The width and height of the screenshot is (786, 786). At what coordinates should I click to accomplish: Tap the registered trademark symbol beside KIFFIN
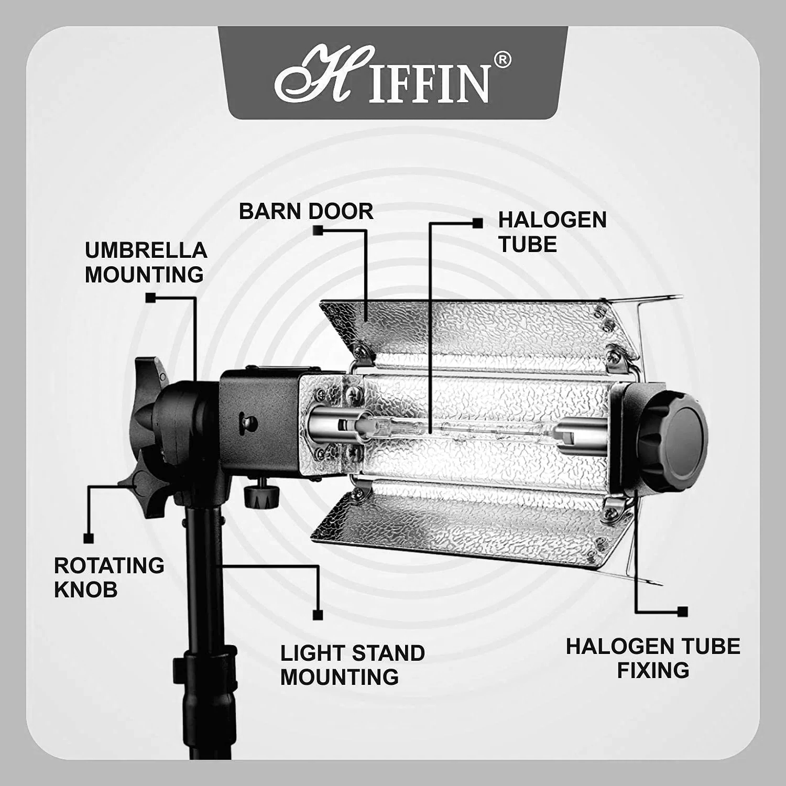501,61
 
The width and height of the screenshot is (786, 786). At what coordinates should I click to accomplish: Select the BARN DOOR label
306,211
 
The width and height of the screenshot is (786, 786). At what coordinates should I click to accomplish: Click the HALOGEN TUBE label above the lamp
552,232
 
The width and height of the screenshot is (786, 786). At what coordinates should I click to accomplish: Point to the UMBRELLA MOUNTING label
146,263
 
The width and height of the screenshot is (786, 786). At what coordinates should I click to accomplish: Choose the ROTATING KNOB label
109,577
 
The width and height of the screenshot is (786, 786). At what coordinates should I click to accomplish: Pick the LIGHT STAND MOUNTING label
352,665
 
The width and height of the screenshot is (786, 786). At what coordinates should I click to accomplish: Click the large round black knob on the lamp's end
673,437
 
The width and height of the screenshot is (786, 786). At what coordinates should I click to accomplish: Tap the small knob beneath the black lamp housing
260,495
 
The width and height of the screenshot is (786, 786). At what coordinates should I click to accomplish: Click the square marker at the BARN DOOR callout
318,230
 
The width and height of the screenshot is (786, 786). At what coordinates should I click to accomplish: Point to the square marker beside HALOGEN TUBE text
477,223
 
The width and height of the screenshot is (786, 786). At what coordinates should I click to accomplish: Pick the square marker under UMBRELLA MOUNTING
150,298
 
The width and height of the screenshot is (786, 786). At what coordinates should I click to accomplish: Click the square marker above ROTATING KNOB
89,538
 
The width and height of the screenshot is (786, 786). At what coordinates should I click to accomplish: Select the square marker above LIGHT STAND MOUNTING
317,615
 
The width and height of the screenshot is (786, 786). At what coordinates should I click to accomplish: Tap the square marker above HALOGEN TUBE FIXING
682,612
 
